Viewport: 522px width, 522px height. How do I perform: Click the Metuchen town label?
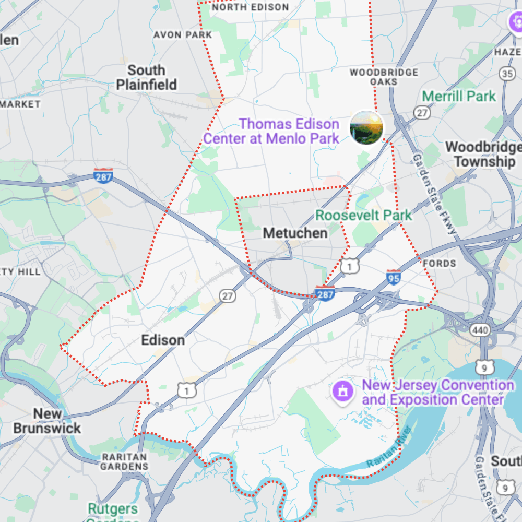click(x=295, y=233)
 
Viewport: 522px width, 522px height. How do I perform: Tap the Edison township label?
click(x=163, y=340)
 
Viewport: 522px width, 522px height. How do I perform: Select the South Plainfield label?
click(x=146, y=77)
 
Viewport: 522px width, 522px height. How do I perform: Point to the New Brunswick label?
click(x=47, y=421)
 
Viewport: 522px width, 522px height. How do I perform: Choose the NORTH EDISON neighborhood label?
click(x=251, y=7)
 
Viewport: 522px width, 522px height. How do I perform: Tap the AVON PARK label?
click(x=183, y=35)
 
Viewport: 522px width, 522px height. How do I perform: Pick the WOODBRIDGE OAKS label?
click(x=384, y=77)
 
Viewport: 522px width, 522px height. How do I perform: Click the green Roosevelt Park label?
click(x=363, y=215)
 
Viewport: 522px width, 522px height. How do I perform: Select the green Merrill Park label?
click(x=459, y=96)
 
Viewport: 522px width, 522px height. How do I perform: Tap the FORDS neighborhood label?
click(x=439, y=263)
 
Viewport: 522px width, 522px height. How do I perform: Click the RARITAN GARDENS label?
click(x=124, y=461)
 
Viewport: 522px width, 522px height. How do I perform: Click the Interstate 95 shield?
click(x=394, y=278)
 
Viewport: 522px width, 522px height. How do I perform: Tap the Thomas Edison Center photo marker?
click(x=366, y=127)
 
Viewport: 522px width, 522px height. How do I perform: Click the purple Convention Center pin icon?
click(x=342, y=390)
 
